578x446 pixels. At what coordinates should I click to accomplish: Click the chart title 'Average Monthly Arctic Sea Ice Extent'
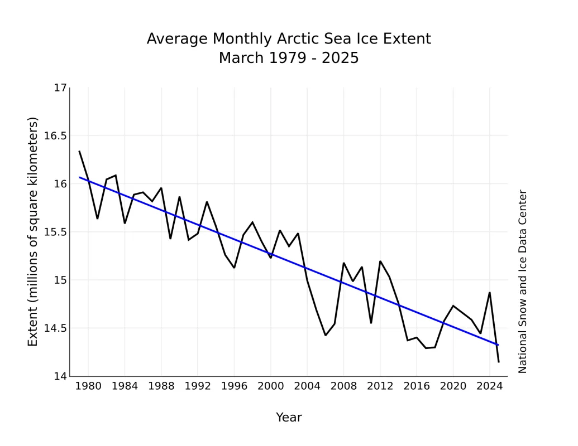click(289, 39)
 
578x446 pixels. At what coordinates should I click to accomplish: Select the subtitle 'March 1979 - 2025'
click(289, 58)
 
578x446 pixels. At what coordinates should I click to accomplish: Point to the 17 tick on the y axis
click(60, 88)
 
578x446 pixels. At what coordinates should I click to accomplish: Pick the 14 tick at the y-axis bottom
click(60, 376)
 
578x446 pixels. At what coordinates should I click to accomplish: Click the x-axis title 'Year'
click(289, 418)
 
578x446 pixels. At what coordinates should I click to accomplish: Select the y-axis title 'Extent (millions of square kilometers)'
click(33, 232)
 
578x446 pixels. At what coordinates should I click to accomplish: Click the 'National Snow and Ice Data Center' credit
click(523, 282)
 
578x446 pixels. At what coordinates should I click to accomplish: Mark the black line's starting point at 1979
click(79, 151)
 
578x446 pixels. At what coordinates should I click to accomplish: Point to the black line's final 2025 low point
click(499, 362)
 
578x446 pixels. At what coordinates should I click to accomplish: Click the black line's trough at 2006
click(326, 335)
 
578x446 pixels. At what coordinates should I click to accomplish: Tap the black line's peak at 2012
click(380, 261)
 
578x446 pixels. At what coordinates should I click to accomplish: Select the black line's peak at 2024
click(490, 293)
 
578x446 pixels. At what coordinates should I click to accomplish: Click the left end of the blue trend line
click(79, 177)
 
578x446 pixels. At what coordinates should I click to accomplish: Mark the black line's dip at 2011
click(371, 323)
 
